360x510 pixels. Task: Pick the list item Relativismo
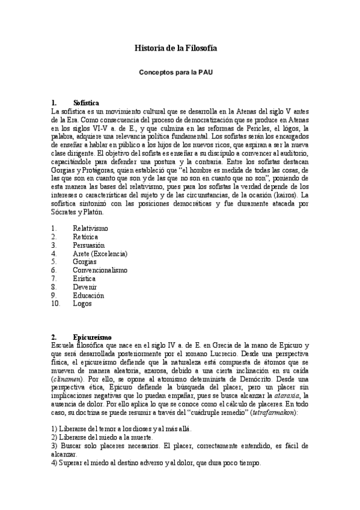90,229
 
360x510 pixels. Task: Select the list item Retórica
87,237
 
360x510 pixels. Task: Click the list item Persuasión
89,245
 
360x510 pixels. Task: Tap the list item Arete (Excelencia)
100,254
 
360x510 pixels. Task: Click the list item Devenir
85,287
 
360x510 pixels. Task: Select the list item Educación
88,295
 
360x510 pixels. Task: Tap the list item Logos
82,304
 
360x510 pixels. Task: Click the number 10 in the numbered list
56,304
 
